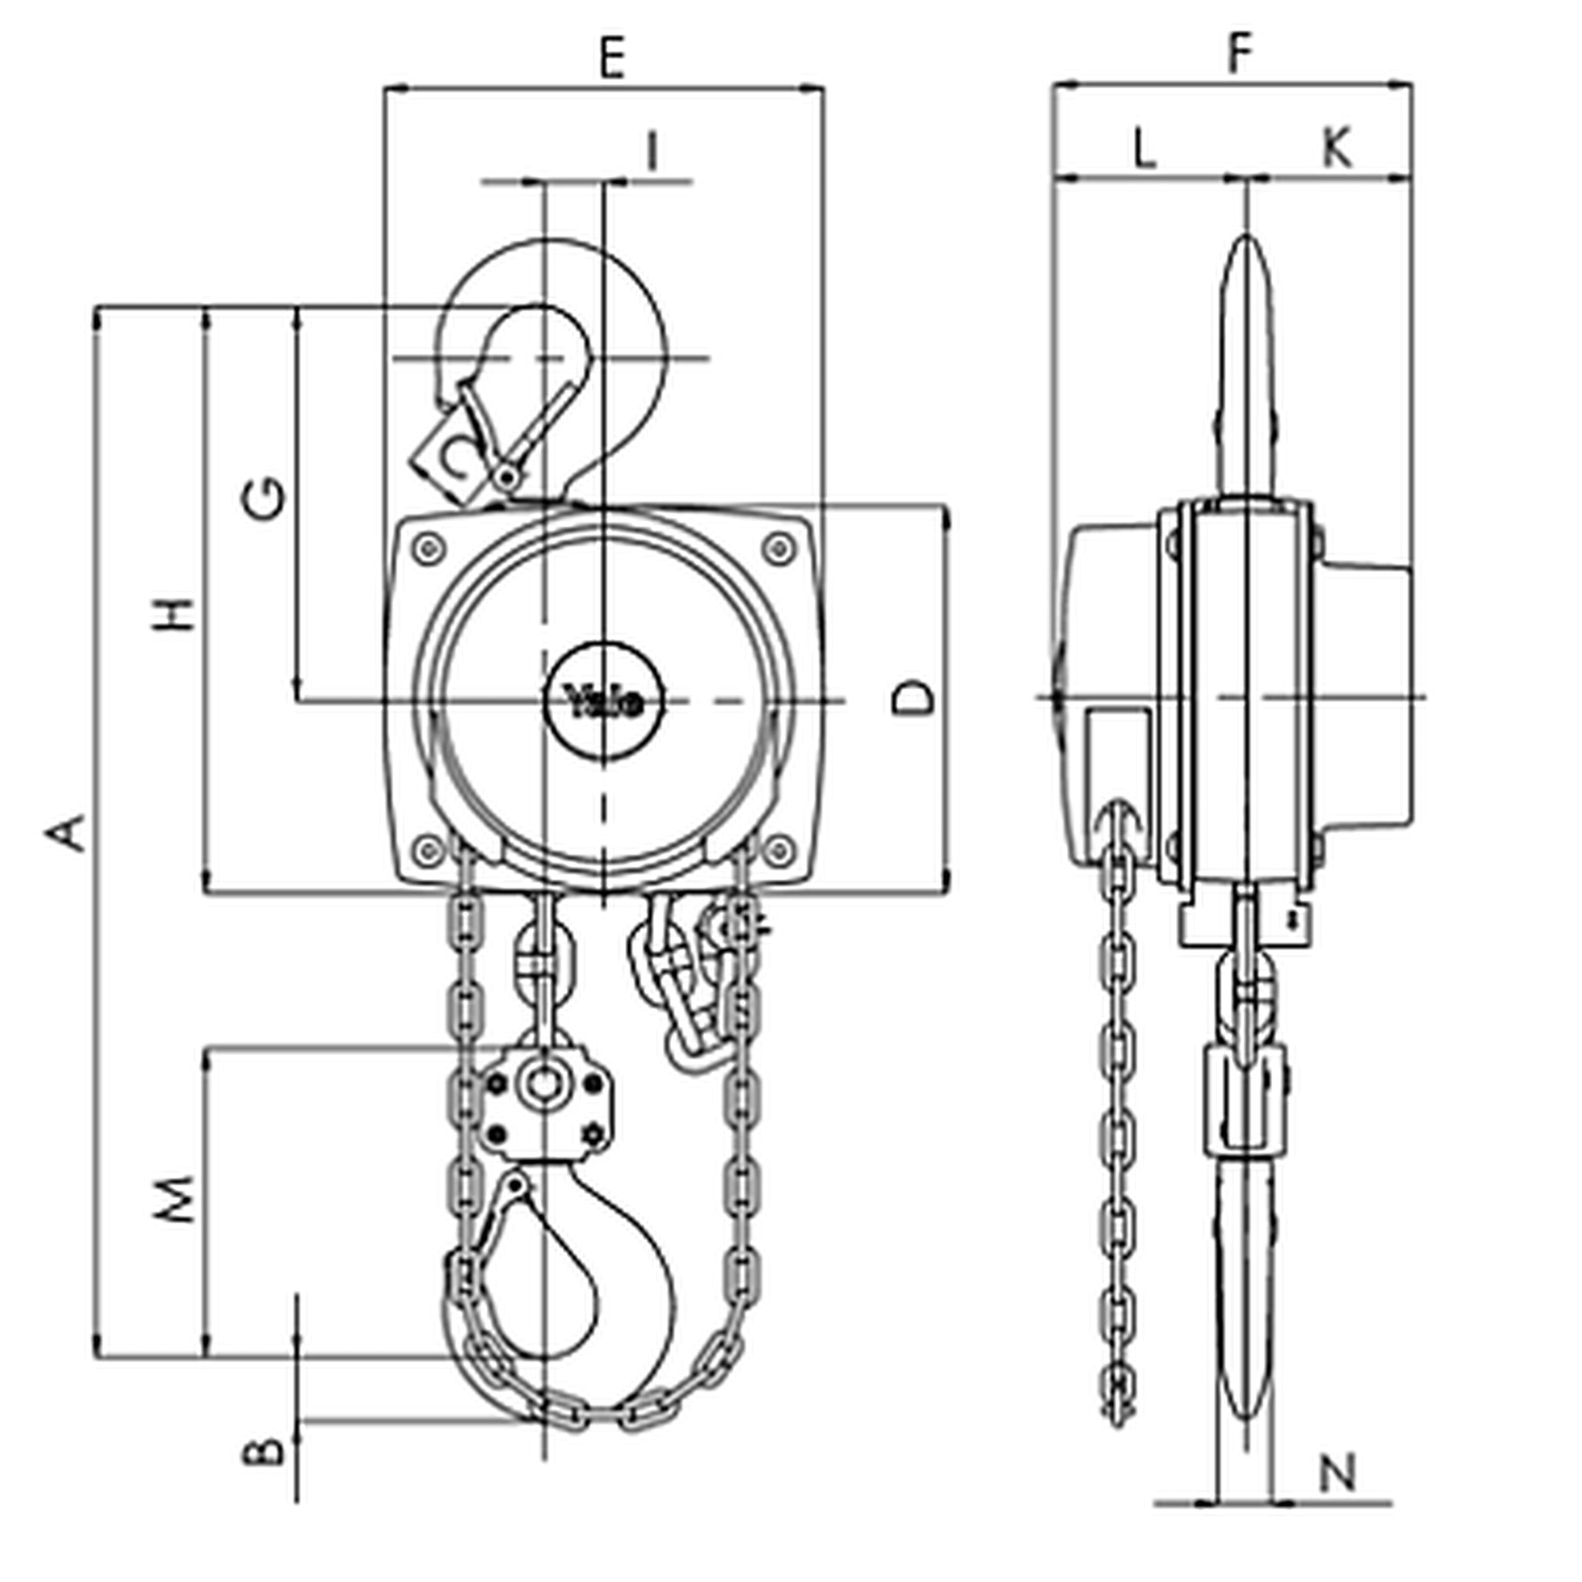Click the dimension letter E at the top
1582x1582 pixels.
(612, 58)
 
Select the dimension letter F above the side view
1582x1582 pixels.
(1241, 53)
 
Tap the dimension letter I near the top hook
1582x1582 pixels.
(652, 151)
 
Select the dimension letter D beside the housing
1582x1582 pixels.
(912, 698)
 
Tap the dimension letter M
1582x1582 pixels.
(175, 1200)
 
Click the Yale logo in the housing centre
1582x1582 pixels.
(604, 701)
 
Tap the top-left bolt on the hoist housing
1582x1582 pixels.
(427, 548)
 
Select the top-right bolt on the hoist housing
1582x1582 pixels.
(779, 548)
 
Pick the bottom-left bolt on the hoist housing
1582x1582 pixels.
(427, 850)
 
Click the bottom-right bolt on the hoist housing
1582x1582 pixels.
(779, 850)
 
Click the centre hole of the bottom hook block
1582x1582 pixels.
(541, 1087)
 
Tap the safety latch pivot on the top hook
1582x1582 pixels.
(508, 476)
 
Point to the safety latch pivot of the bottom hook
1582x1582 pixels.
(515, 1185)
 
